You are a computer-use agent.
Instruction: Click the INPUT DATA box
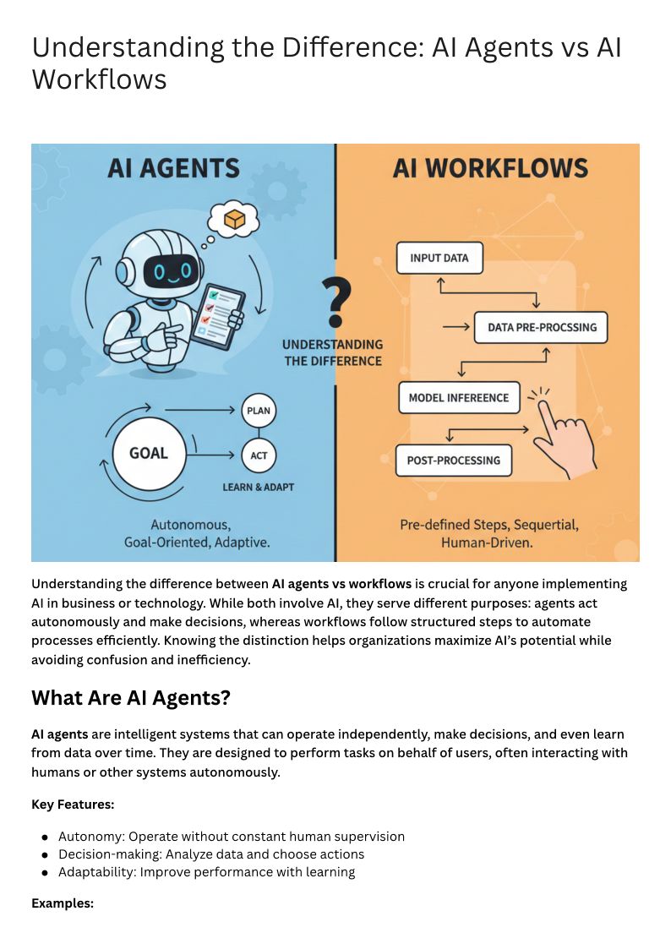point(439,258)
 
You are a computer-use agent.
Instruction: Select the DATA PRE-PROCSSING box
point(541,327)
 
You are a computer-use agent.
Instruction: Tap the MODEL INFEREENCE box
point(458,397)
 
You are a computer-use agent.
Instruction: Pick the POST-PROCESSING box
point(453,461)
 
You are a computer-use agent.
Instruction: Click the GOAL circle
point(148,453)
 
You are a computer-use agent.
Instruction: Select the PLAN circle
point(259,411)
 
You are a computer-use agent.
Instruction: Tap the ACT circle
point(259,455)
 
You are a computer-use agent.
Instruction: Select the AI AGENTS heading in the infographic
point(173,168)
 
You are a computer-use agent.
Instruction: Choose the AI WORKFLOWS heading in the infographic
point(490,168)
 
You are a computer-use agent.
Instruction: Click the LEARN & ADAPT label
point(259,488)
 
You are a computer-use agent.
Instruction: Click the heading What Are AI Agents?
point(131,698)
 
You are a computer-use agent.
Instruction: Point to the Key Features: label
point(73,804)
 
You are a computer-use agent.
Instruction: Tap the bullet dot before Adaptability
point(45,872)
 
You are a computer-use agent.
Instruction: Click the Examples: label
point(62,903)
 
